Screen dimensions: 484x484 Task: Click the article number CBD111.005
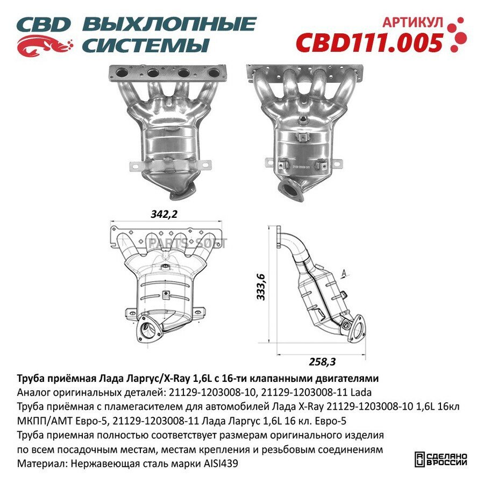369,42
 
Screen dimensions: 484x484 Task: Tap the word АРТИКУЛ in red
412,22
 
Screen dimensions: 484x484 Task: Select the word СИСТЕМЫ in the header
145,45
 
